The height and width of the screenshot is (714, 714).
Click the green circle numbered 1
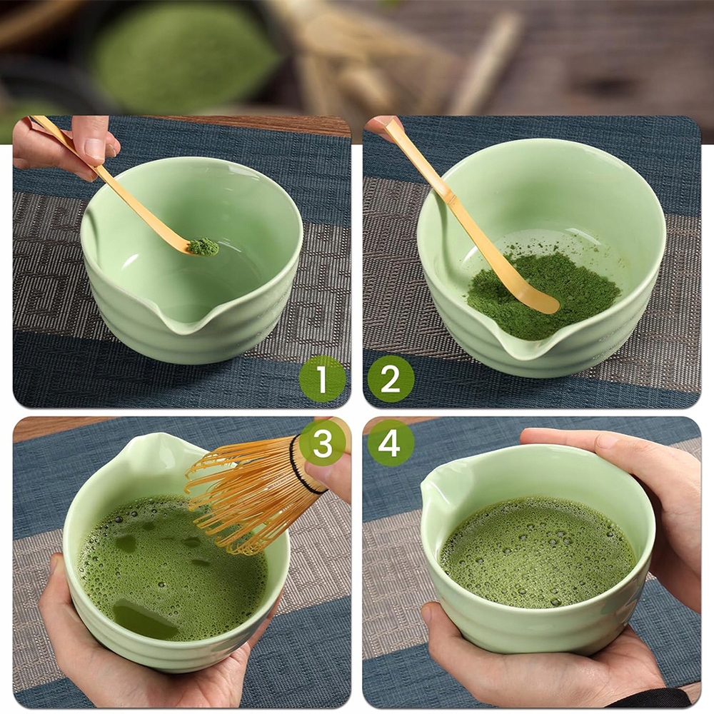pos(322,379)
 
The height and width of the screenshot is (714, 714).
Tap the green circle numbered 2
pos(391,379)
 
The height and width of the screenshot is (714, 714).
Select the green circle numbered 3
pos(322,443)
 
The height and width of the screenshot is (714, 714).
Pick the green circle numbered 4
pos(391,443)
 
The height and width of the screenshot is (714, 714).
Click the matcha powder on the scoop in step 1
pos(203,247)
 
